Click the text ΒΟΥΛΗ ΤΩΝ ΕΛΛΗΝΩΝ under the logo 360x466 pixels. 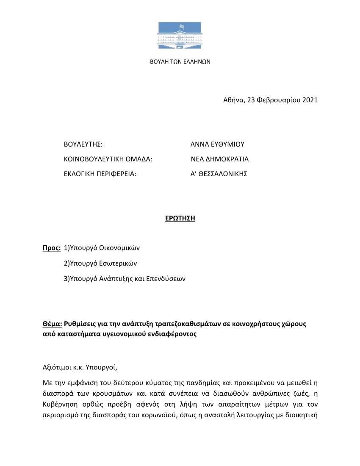click(180, 61)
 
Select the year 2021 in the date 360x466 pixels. click(310, 100)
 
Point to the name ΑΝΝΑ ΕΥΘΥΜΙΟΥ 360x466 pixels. click(217, 144)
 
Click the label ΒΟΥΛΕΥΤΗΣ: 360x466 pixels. click(83, 144)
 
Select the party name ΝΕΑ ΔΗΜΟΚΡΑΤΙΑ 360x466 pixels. click(219, 159)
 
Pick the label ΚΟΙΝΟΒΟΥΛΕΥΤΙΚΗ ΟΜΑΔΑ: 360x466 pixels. click(108, 159)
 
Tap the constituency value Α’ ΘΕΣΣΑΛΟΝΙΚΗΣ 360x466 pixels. click(219, 174)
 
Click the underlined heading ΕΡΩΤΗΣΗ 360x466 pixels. click(180, 219)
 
